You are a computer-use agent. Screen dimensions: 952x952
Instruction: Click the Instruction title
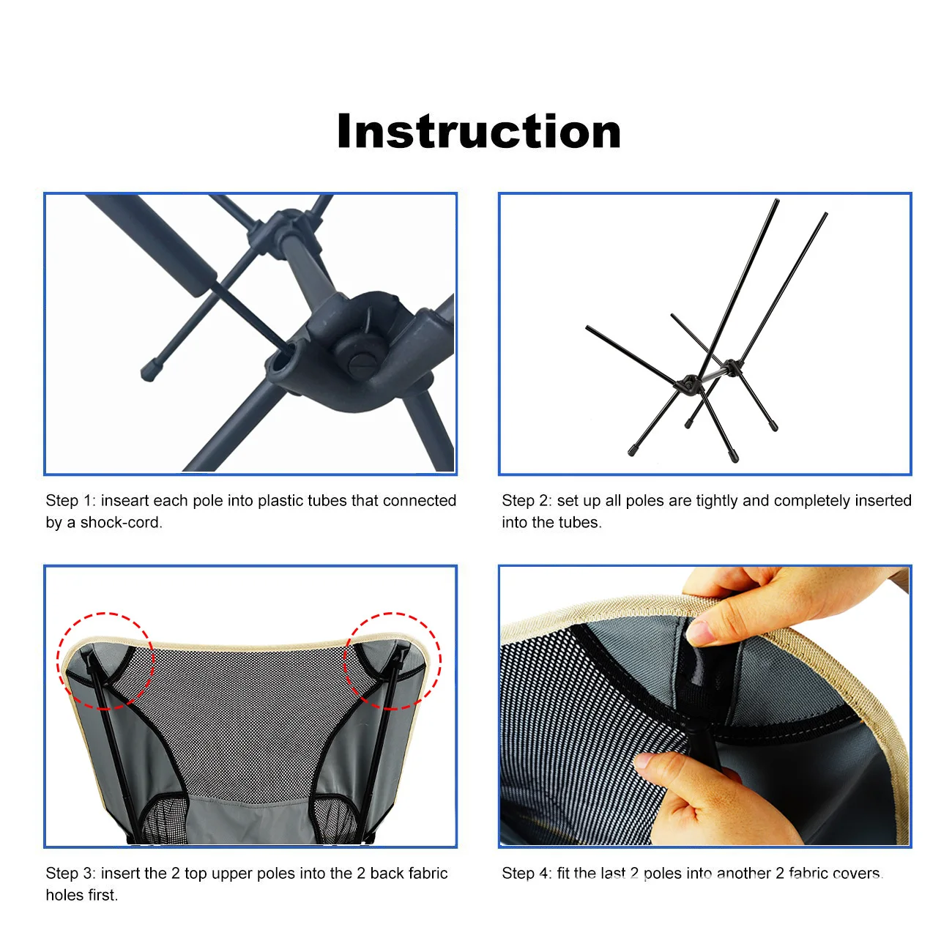479,132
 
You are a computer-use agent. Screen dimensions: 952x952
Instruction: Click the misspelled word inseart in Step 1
124,501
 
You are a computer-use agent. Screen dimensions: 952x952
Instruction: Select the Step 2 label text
527,501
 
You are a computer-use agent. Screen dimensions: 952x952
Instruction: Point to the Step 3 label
70,874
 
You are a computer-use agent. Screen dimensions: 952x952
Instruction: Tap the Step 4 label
527,874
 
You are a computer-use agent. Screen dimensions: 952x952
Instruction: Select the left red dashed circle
105,661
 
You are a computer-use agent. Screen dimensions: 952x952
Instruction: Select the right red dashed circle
393,661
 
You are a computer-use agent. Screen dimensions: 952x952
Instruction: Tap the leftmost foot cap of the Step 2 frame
632,451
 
